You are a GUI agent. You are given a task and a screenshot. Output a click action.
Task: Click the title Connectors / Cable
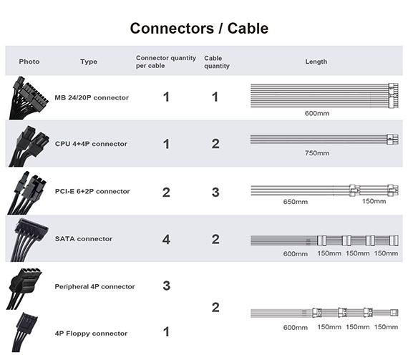[x=199, y=28]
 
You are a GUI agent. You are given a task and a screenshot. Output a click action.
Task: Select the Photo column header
[x=29, y=62]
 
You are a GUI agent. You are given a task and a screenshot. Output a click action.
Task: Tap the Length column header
[x=316, y=62]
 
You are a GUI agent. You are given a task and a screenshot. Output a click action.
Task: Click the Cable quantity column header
[x=217, y=62]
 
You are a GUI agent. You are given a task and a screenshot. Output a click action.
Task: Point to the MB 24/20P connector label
[x=92, y=97]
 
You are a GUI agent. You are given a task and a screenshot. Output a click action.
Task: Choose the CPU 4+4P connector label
[x=91, y=144]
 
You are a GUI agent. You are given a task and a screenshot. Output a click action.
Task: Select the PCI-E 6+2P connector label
[x=92, y=191]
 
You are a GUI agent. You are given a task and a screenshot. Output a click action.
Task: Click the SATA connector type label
[x=84, y=239]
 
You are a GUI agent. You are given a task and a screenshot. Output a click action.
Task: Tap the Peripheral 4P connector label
[x=94, y=286]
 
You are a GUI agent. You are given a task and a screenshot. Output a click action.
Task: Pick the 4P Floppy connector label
[x=91, y=334]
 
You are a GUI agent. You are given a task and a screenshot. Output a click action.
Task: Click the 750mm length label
[x=317, y=153]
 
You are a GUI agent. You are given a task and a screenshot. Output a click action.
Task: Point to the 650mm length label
[x=296, y=202]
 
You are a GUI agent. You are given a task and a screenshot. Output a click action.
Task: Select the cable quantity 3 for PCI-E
[x=215, y=193]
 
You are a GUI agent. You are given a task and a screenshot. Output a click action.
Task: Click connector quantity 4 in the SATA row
[x=166, y=239]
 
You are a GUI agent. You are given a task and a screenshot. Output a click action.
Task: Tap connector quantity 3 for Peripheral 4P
[x=167, y=286]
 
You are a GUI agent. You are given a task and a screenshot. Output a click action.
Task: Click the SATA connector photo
[x=29, y=240]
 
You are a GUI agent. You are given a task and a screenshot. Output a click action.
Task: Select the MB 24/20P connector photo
[x=28, y=98]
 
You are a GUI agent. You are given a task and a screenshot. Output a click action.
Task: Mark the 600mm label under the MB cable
[x=317, y=113]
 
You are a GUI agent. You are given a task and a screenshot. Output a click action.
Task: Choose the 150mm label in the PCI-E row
[x=374, y=201]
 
